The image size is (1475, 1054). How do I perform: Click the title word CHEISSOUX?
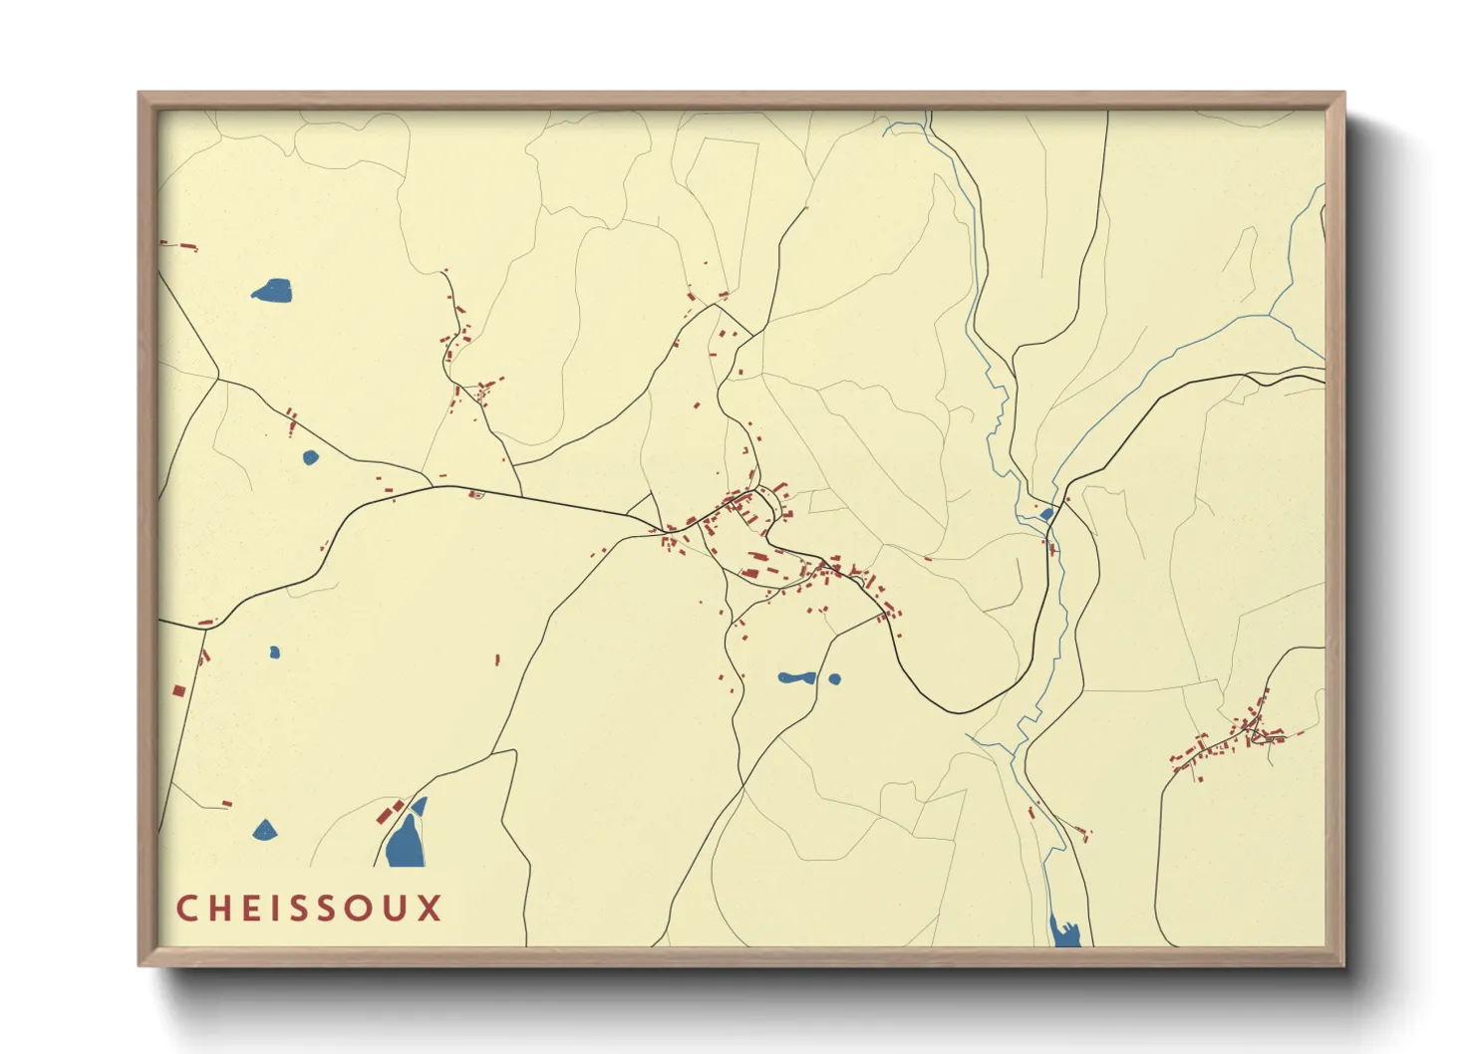[x=309, y=909]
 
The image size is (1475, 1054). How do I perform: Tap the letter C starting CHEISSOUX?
[x=185, y=909]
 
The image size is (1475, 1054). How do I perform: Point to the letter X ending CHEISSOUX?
[x=430, y=909]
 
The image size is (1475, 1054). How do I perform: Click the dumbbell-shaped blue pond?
[x=796, y=678]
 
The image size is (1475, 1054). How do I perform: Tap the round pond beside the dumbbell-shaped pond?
[x=834, y=679]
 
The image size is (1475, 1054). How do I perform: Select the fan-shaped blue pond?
[x=264, y=831]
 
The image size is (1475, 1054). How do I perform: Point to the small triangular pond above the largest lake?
[x=420, y=805]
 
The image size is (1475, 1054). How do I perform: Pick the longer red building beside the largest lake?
[x=385, y=815]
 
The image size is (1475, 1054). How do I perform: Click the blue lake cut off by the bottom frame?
[x=1065, y=933]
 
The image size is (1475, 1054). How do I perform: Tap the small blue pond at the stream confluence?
[x=1046, y=514]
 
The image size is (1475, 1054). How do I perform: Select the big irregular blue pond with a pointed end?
[x=272, y=291]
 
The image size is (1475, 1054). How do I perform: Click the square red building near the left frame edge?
[x=179, y=690]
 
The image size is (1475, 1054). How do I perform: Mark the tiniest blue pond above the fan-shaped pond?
[x=274, y=653]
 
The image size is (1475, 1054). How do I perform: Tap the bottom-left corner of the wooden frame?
[x=140, y=964]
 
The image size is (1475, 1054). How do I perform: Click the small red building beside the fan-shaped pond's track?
[x=226, y=803]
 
